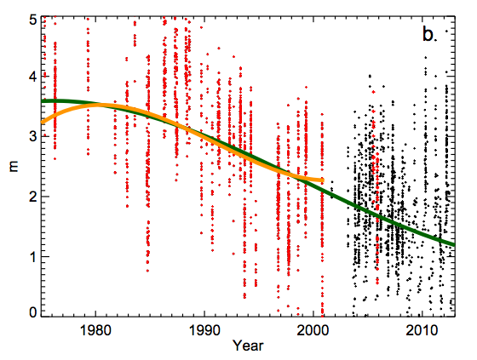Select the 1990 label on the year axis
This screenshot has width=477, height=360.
204,330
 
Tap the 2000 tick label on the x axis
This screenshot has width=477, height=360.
313,330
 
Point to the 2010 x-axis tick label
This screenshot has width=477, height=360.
422,330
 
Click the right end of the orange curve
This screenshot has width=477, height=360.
322,180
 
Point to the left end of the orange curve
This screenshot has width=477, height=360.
43,122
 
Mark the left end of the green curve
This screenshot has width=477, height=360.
43,101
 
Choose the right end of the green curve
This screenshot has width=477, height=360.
454,244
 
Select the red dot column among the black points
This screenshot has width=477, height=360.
376,196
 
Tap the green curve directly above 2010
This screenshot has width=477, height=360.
422,232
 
